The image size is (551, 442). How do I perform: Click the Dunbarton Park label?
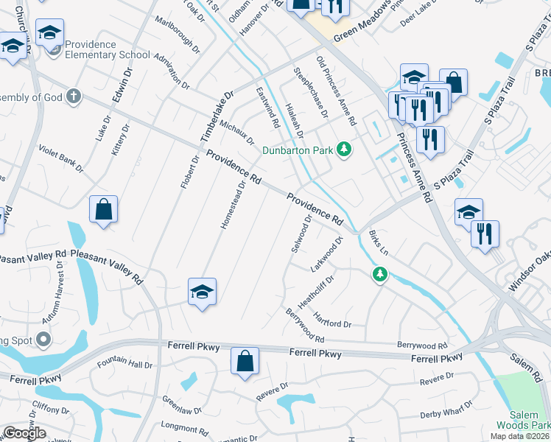coord(298,151)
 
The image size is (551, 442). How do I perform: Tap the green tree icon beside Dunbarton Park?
coord(343,150)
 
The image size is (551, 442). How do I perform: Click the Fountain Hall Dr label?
coord(125,364)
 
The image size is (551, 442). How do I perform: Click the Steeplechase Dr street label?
coord(311,92)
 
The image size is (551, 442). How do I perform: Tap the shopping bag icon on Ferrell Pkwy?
coord(245,362)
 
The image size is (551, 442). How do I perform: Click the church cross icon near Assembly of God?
coord(73,96)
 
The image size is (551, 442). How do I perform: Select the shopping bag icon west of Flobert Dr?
coord(104,209)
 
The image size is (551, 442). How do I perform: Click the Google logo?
coord(25,433)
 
